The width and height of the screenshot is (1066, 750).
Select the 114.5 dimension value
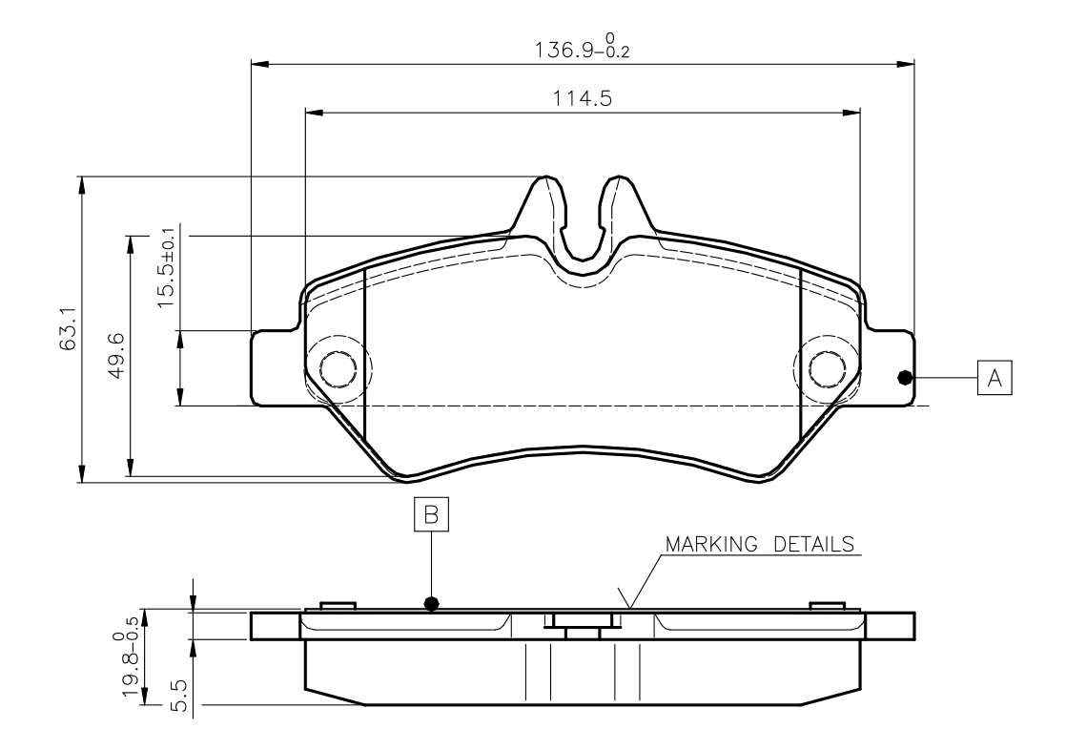(582, 98)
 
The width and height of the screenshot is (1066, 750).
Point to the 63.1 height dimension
(68, 329)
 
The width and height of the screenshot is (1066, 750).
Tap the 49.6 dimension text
(116, 355)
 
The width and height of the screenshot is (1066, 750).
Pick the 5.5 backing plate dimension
(178, 695)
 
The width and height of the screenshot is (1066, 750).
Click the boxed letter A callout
(994, 377)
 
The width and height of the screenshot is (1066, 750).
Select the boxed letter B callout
(432, 514)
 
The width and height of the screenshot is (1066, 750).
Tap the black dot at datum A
(904, 377)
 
